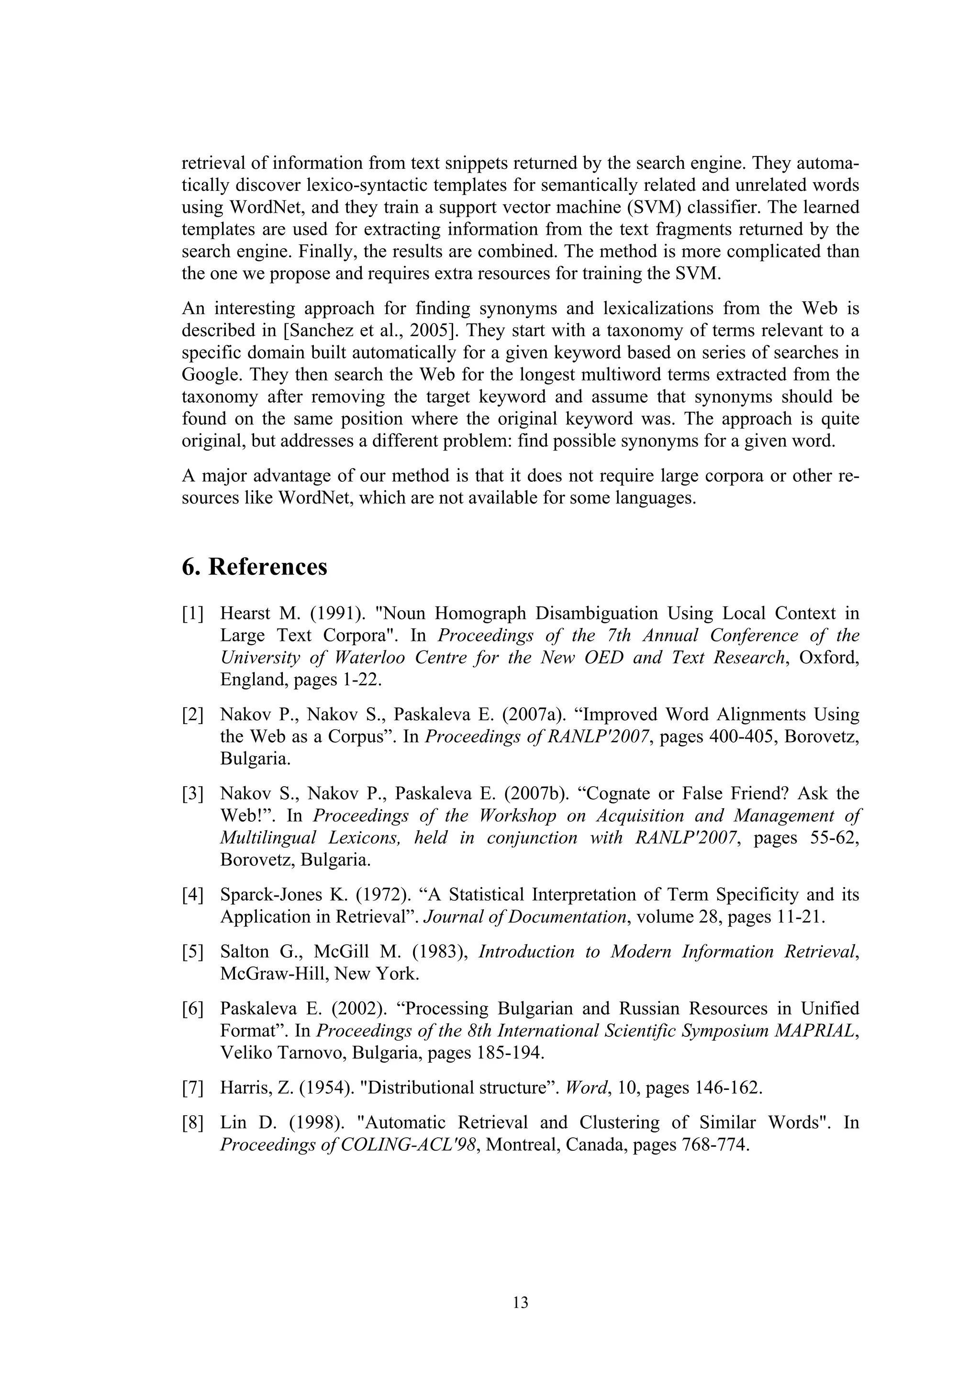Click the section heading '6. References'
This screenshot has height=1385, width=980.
(254, 568)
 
